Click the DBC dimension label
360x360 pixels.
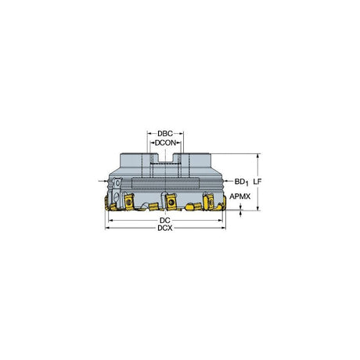click(x=165, y=134)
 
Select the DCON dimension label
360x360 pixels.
click(x=165, y=143)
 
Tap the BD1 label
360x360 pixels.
click(x=241, y=182)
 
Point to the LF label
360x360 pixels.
click(x=257, y=182)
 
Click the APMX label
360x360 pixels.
click(x=239, y=196)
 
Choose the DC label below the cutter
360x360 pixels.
click(x=165, y=221)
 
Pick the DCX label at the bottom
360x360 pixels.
click(x=165, y=229)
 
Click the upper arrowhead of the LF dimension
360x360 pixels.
click(x=258, y=156)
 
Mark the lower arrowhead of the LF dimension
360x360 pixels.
click(x=258, y=208)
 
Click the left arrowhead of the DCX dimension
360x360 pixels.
click(x=107, y=229)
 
